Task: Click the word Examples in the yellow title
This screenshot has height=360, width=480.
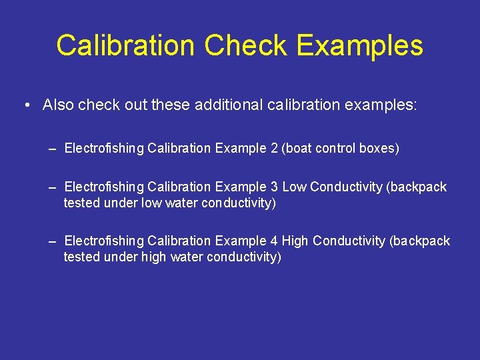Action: click(360, 46)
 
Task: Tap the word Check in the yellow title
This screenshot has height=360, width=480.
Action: click(246, 46)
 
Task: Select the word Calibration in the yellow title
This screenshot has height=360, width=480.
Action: click(126, 46)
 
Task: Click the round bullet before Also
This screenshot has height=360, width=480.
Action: click(25, 105)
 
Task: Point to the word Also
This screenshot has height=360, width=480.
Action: click(57, 105)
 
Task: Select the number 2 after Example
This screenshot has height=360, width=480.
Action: click(273, 148)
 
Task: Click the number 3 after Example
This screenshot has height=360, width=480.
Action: click(273, 187)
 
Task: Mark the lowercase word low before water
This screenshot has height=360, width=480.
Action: click(151, 203)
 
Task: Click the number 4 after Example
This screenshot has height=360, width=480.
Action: click(273, 241)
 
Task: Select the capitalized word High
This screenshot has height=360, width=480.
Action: click(295, 241)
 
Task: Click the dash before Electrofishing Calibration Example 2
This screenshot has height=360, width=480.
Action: click(52, 148)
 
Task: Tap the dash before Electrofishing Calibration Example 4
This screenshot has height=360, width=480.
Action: click(52, 241)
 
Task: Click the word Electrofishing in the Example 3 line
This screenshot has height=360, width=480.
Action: click(104, 187)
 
